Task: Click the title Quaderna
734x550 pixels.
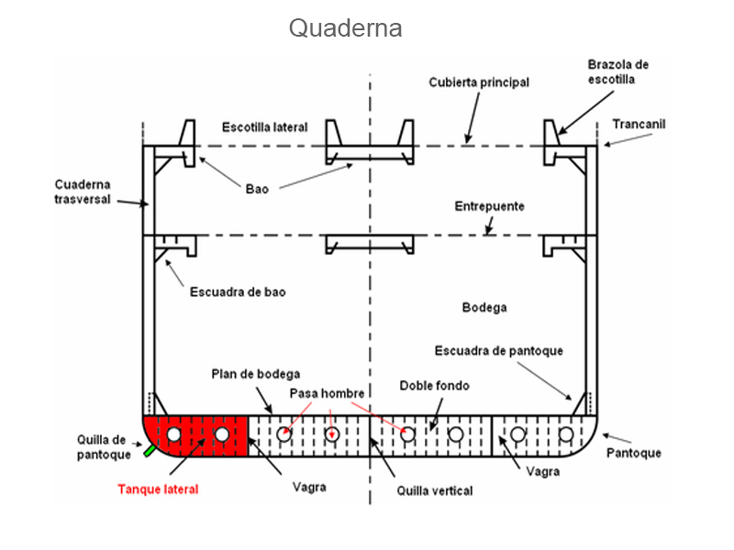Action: tap(346, 28)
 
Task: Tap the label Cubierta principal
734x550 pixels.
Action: tap(479, 82)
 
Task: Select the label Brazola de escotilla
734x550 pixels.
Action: tap(617, 71)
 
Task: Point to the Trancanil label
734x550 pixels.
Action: tap(639, 124)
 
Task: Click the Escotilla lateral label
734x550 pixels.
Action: tap(265, 126)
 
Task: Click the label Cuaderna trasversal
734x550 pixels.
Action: tap(83, 191)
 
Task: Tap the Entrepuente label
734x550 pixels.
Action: tap(490, 206)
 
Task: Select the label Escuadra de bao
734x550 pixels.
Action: tap(238, 292)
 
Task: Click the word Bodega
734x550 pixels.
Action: tap(484, 307)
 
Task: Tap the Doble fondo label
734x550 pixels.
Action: tap(434, 386)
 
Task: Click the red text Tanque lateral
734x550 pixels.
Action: tap(158, 489)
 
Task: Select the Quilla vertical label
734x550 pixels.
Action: tap(435, 490)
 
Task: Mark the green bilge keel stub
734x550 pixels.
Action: tap(149, 450)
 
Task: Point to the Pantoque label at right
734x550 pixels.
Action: tap(634, 453)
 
